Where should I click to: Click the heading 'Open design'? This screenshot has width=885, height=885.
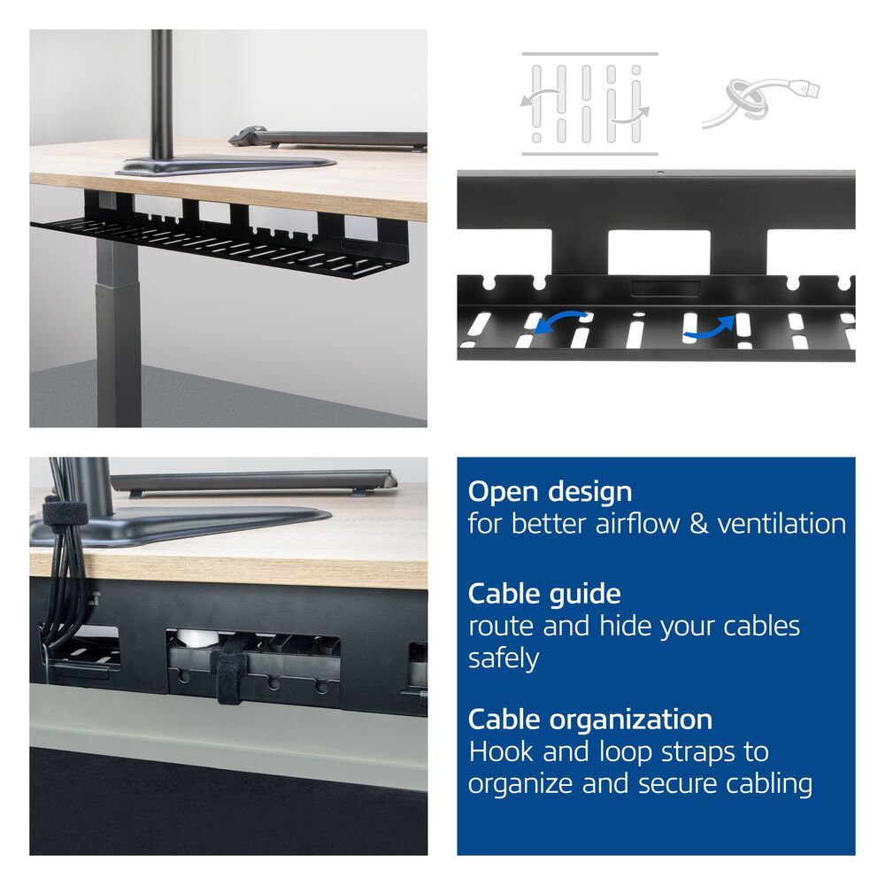click(x=550, y=491)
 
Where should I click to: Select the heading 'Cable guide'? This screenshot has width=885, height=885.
click(x=544, y=593)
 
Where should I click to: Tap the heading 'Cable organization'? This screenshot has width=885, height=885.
click(x=589, y=719)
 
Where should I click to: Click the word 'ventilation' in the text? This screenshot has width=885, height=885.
click(x=781, y=523)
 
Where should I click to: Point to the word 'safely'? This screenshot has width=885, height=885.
click(x=504, y=658)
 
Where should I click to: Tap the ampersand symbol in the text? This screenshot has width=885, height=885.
click(x=699, y=523)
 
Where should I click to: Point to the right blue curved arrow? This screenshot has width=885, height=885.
click(x=710, y=327)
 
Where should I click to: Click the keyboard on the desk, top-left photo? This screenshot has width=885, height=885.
click(x=327, y=138)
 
